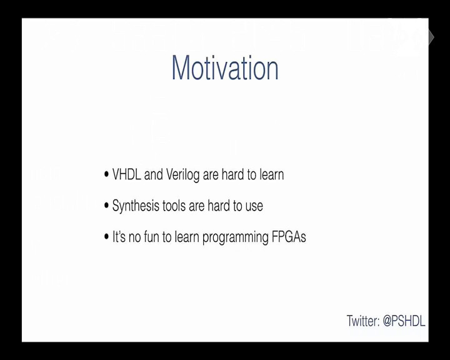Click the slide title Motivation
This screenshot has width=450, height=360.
tap(225, 67)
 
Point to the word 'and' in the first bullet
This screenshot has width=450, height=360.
tap(154, 174)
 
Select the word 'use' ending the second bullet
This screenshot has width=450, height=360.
tap(254, 207)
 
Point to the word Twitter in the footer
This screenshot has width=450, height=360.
tap(363, 321)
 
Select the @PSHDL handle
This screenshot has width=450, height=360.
tap(404, 321)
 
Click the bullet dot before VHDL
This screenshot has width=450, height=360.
tap(106, 174)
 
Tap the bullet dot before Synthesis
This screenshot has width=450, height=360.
tap(106, 206)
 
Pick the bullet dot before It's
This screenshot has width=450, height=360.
tap(106, 237)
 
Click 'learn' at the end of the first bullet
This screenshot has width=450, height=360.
tap(272, 174)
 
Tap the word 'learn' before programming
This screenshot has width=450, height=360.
tap(187, 237)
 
